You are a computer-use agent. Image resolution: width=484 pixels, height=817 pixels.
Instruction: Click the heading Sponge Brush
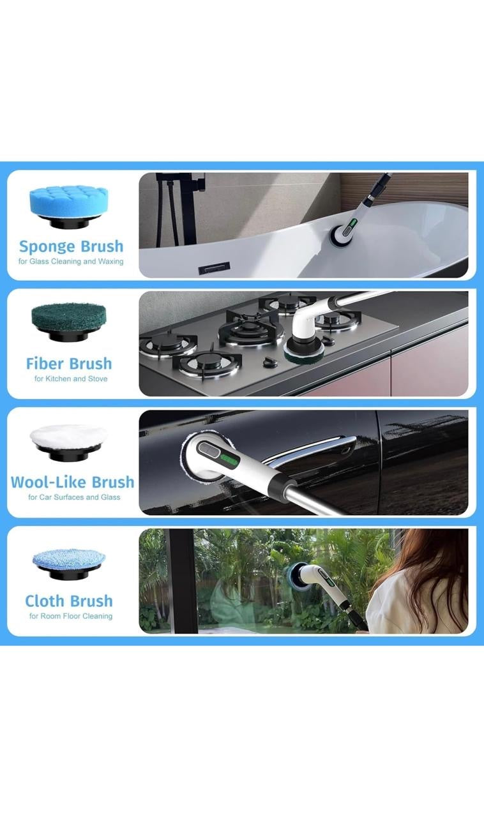click(71, 246)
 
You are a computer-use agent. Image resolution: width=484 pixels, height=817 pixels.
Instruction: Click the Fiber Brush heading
click(69, 364)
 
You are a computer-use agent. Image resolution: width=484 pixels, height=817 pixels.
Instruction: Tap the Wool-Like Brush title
click(73, 482)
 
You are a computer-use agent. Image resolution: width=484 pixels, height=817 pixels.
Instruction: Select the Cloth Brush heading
click(69, 601)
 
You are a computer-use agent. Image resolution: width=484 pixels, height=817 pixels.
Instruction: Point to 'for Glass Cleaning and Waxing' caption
click(71, 262)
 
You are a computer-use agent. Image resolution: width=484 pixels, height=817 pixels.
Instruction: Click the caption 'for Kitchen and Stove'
click(71, 379)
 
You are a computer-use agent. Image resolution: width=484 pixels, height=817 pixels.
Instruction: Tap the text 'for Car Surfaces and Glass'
click(74, 497)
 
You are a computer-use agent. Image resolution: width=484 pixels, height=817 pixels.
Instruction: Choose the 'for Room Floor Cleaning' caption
click(71, 616)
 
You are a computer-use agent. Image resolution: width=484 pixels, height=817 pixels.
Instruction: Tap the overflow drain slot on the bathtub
click(214, 269)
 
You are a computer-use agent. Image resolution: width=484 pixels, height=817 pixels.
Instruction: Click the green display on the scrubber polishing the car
click(230, 461)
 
